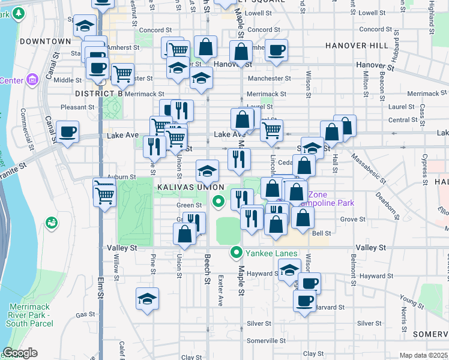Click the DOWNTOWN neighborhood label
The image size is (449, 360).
[45, 41]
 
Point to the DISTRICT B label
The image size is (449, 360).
[99, 94]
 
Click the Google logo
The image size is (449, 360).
[19, 353]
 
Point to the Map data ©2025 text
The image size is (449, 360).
[424, 355]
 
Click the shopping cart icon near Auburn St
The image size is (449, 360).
[104, 194]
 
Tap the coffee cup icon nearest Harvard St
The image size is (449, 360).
[304, 299]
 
